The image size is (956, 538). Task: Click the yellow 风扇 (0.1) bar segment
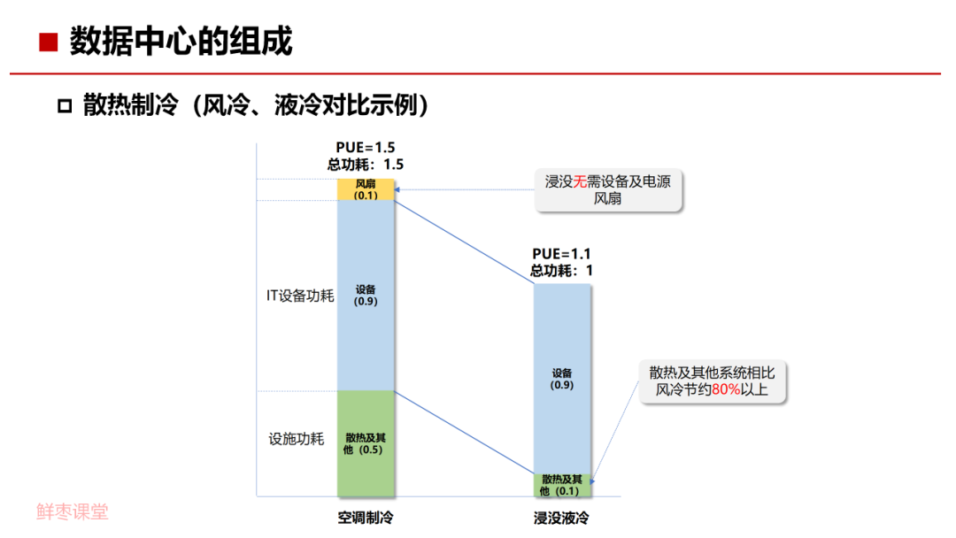click(x=366, y=189)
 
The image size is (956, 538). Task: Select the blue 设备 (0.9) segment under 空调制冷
click(x=366, y=295)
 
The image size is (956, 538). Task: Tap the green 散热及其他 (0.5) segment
click(x=366, y=442)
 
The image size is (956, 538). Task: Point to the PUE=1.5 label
click(x=365, y=147)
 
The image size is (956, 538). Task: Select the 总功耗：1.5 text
click(x=365, y=164)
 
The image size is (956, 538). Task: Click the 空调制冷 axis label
click(x=365, y=517)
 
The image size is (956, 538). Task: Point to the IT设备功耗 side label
click(x=300, y=296)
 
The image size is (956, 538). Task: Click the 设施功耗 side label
click(x=297, y=439)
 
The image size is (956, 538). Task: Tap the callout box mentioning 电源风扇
click(x=608, y=190)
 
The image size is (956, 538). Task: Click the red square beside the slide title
click(x=50, y=42)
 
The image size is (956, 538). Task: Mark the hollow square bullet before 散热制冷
click(x=64, y=107)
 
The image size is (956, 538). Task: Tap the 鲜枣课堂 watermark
click(x=73, y=511)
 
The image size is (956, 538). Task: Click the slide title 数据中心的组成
click(x=181, y=42)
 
